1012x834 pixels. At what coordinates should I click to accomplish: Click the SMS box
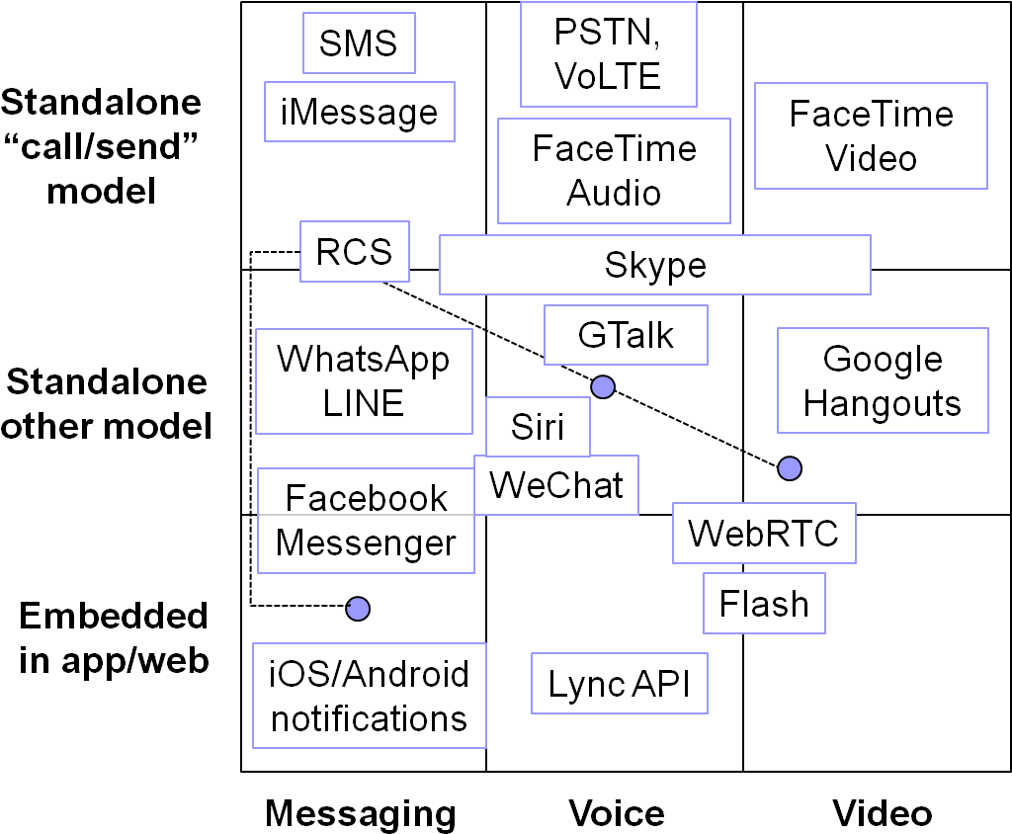click(x=359, y=42)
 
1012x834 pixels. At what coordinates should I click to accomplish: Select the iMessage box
click(x=360, y=112)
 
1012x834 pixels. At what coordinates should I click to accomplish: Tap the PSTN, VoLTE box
click(x=609, y=54)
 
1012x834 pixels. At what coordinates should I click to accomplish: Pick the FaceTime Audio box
click(x=614, y=171)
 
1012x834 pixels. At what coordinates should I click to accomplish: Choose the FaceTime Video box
click(x=871, y=135)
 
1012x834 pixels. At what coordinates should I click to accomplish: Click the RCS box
click(x=355, y=251)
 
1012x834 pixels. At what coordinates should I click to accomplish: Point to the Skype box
click(x=655, y=265)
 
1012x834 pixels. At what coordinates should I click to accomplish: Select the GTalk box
click(x=626, y=335)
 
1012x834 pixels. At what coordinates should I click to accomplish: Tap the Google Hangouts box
click(x=883, y=380)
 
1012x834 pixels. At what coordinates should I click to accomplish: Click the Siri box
click(x=538, y=427)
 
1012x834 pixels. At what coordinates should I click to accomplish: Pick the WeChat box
click(x=556, y=485)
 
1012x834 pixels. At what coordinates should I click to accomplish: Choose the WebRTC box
click(x=764, y=534)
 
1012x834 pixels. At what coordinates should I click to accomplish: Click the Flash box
click(x=764, y=604)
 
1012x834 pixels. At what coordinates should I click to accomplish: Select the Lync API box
click(x=619, y=684)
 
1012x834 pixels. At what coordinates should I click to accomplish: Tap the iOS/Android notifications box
click(x=370, y=696)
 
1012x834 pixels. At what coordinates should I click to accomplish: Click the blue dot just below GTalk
click(x=603, y=386)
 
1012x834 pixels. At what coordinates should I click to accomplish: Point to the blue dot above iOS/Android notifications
click(x=358, y=608)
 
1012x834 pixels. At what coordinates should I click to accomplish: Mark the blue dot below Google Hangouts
click(x=790, y=468)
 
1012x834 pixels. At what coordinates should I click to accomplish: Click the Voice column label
click(x=617, y=812)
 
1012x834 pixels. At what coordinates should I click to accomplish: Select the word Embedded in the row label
click(x=114, y=616)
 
